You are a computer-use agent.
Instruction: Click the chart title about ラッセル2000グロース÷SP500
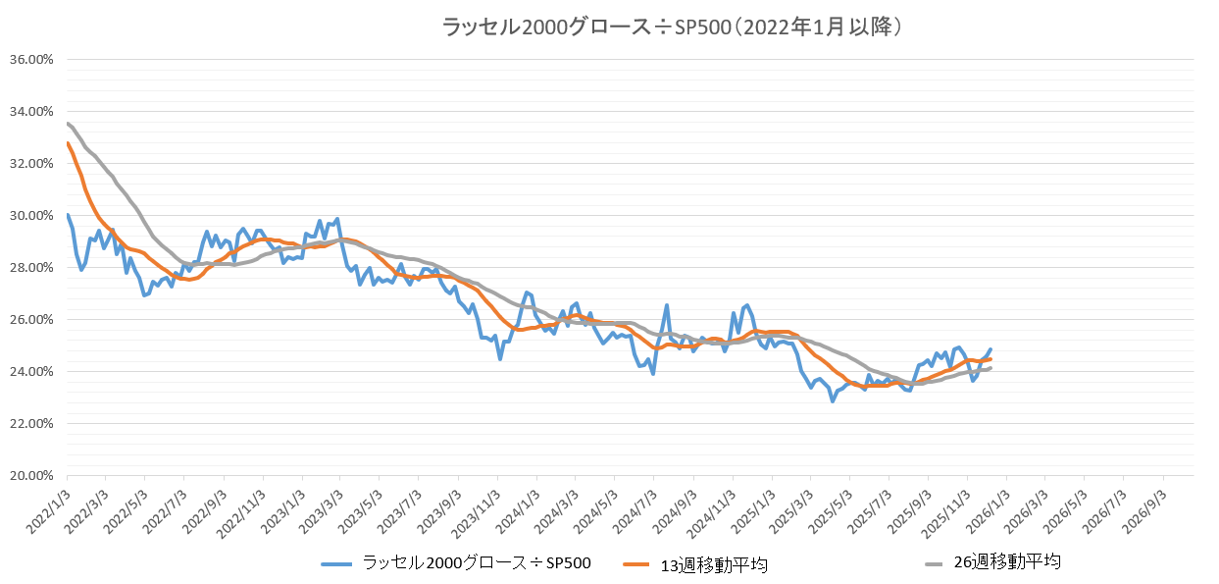[672, 27]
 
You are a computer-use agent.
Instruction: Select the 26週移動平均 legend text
[1007, 562]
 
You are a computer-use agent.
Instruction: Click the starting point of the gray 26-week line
[67, 123]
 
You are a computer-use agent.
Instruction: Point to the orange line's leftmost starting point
[67, 143]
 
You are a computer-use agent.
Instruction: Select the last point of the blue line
[990, 349]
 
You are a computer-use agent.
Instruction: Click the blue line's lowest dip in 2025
[833, 400]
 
